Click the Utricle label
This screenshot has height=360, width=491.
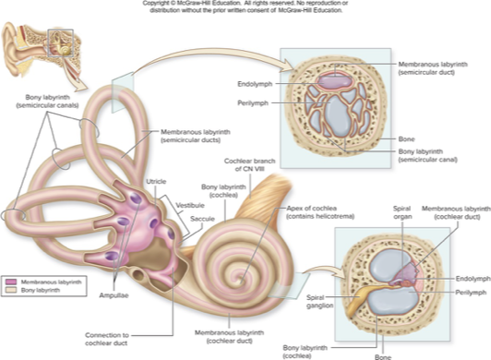156,183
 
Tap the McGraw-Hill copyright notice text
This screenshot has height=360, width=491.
245,8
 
